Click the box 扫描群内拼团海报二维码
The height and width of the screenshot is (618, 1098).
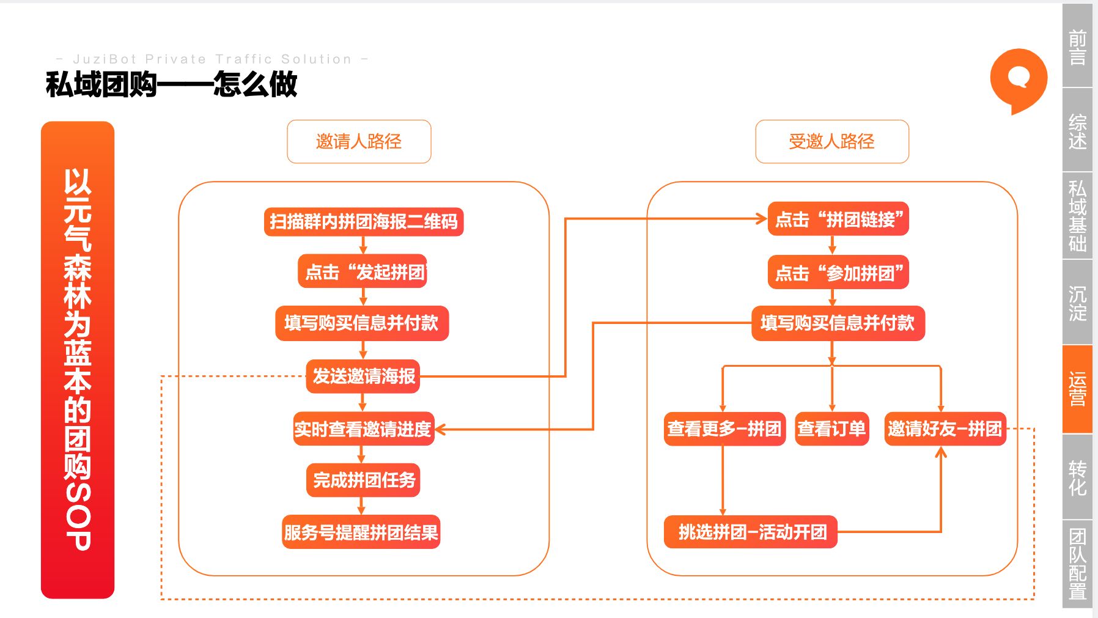coord(363,221)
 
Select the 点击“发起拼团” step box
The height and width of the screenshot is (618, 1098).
coord(363,271)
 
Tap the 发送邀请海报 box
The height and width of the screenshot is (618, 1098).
coord(363,376)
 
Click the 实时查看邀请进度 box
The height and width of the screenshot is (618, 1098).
coord(363,429)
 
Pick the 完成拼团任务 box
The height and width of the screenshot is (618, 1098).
coord(363,480)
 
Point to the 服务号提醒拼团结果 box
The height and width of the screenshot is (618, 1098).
coord(361,532)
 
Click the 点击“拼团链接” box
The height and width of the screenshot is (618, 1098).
coord(838,219)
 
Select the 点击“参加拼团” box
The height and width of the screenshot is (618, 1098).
coord(838,273)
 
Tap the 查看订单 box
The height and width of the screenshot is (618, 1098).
coord(831,429)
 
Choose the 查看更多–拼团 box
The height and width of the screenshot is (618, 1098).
coord(724,429)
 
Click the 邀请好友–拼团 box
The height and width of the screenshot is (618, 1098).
coord(945,429)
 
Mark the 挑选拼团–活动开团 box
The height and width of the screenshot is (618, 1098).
coord(751,532)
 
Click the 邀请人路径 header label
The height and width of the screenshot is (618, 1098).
coord(359,142)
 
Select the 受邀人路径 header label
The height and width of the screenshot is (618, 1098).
coord(831,142)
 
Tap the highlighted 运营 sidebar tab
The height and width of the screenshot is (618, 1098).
coord(1077,389)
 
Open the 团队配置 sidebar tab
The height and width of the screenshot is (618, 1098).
coord(1077,564)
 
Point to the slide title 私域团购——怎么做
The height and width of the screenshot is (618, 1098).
coord(171,84)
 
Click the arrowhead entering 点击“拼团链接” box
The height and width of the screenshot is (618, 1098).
coord(762,219)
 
